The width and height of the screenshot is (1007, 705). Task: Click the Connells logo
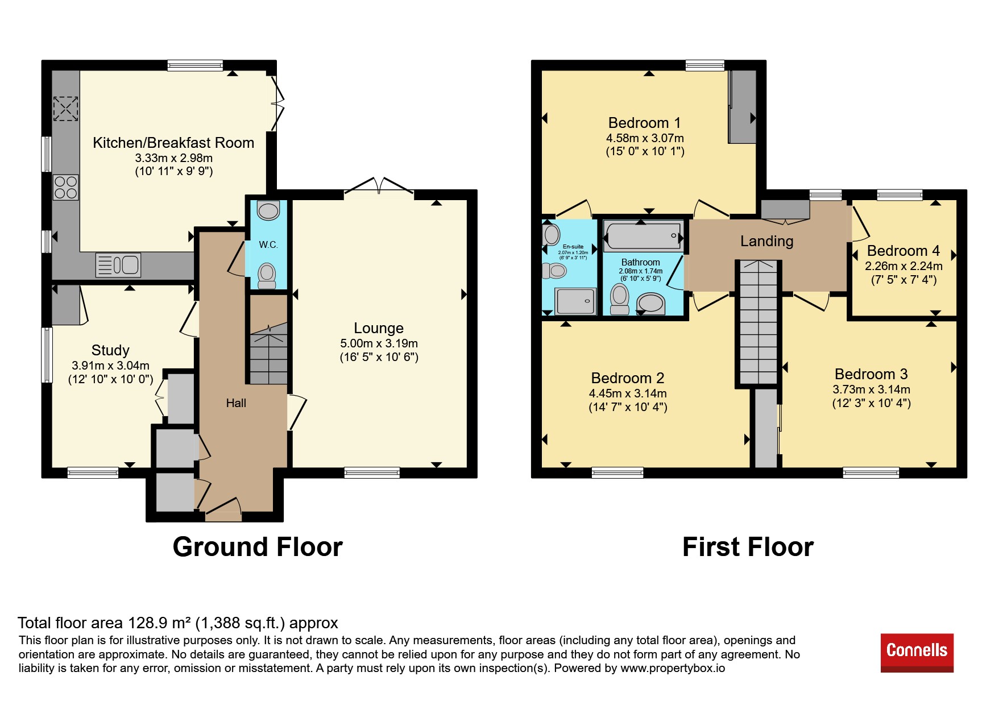[917, 652]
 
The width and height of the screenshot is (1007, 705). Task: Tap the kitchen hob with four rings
[66, 187]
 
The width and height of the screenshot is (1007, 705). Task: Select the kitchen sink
[118, 265]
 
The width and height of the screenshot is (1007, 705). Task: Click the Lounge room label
[379, 328]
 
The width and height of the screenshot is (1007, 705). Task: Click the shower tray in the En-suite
[575, 301]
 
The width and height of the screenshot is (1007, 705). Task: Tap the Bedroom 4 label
[903, 251]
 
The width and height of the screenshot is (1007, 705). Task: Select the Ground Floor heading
[258, 547]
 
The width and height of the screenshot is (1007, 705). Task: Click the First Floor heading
[748, 547]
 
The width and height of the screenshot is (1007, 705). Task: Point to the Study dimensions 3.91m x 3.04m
[110, 366]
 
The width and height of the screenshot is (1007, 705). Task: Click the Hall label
[236, 403]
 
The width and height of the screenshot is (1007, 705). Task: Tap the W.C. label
[268, 245]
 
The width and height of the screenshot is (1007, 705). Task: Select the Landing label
[766, 241]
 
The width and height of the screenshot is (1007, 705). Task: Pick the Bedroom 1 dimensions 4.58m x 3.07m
[645, 138]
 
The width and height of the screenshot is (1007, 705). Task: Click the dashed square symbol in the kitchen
[65, 109]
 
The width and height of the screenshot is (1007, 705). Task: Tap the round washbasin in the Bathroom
[650, 303]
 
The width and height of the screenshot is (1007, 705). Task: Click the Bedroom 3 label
[871, 374]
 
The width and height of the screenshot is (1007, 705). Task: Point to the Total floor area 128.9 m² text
[178, 623]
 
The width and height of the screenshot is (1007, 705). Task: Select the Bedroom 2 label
[628, 378]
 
